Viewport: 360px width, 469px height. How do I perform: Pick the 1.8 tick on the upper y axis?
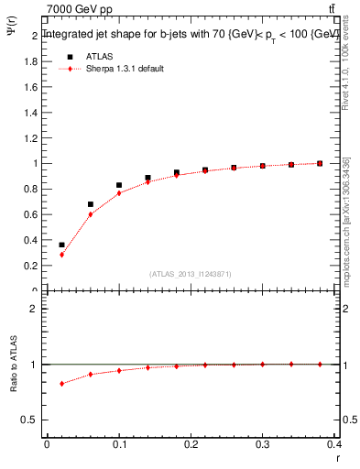pos(32,61)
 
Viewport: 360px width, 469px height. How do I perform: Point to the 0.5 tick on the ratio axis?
pos(32,420)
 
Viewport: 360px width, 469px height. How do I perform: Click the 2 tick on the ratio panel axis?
pos(35,309)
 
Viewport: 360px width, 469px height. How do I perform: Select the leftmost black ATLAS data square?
pos(61,245)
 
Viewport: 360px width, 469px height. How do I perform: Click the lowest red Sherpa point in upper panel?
pos(61,255)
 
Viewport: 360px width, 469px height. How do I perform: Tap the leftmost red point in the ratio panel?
pos(61,383)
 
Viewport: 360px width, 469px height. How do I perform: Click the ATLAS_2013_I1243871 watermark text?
pos(191,274)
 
